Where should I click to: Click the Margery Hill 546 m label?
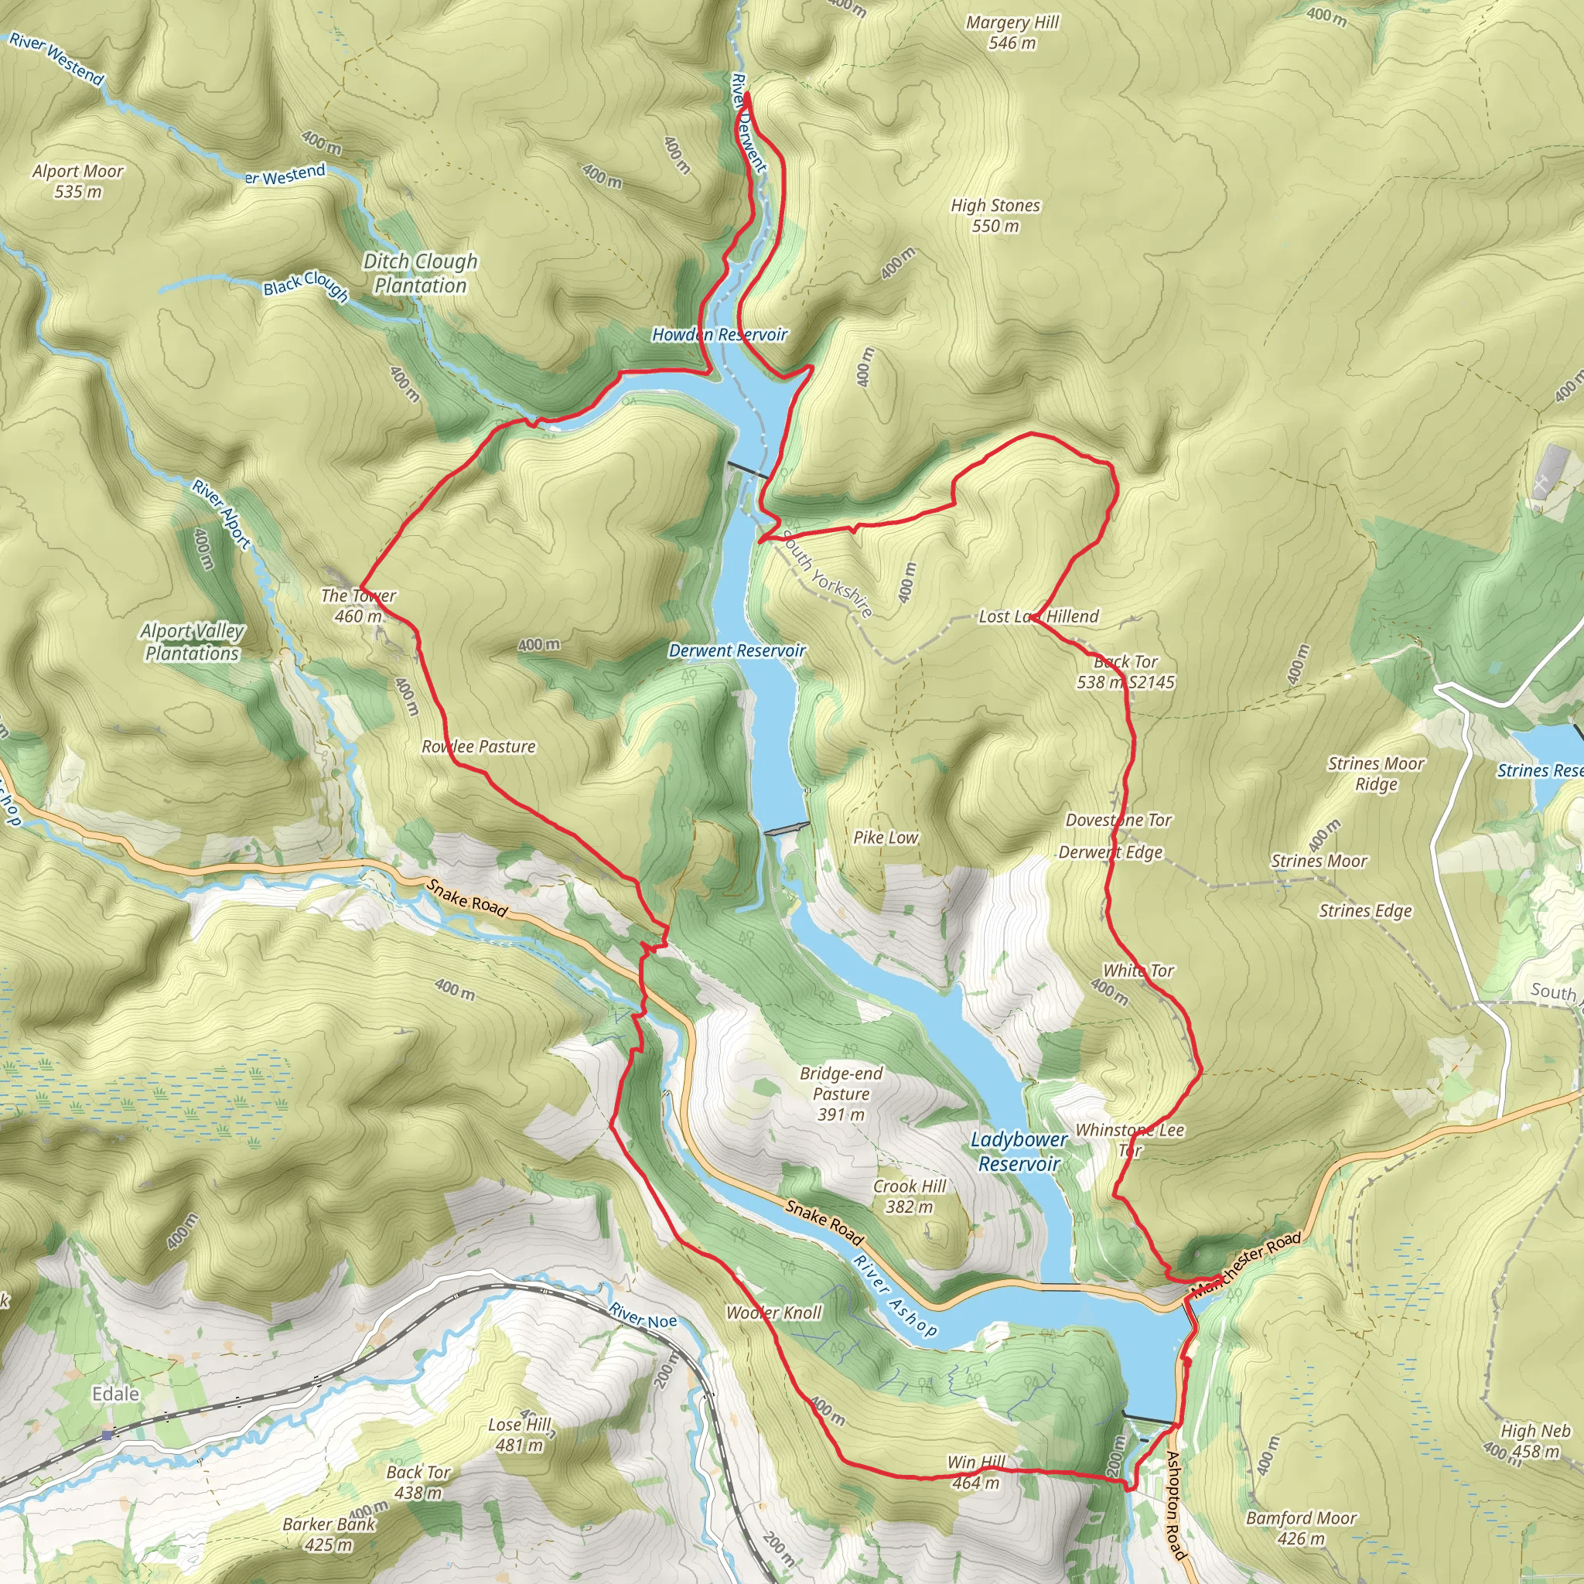click(1012, 32)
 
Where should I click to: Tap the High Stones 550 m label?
click(995, 216)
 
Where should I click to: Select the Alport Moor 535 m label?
click(78, 181)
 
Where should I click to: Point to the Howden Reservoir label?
click(719, 334)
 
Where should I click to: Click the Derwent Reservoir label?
click(737, 650)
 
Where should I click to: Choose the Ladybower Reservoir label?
click(1019, 1151)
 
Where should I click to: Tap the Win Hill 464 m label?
click(975, 1473)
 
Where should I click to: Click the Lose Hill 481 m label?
click(520, 1435)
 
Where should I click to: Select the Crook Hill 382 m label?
click(910, 1197)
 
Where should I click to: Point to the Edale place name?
click(115, 1394)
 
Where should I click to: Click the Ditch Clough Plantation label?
click(420, 273)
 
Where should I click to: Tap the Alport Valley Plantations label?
click(192, 642)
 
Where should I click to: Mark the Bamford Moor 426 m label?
click(1301, 1528)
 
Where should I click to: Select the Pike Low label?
click(886, 837)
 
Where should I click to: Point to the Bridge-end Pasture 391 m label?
click(841, 1094)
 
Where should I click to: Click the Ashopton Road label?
click(1175, 1504)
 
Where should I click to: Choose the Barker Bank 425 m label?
click(329, 1534)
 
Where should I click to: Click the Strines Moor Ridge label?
click(1376, 774)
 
